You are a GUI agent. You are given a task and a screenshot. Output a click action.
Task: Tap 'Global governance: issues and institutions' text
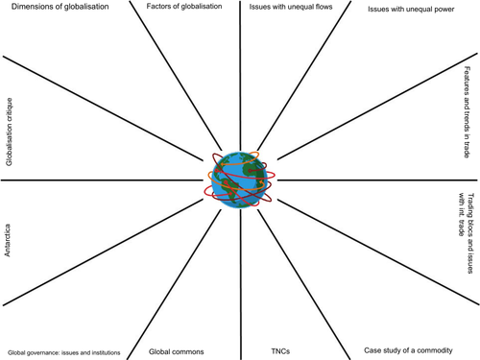pyautogui.click(x=63, y=353)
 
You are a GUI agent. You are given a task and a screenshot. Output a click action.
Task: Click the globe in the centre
pyautogui.click(x=240, y=179)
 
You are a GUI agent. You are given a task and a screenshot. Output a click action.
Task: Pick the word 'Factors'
pyautogui.click(x=160, y=8)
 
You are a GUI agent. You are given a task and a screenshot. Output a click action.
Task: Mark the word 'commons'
pyautogui.click(x=192, y=352)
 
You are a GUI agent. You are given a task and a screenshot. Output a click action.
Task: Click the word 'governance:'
pyautogui.click(x=46, y=353)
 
